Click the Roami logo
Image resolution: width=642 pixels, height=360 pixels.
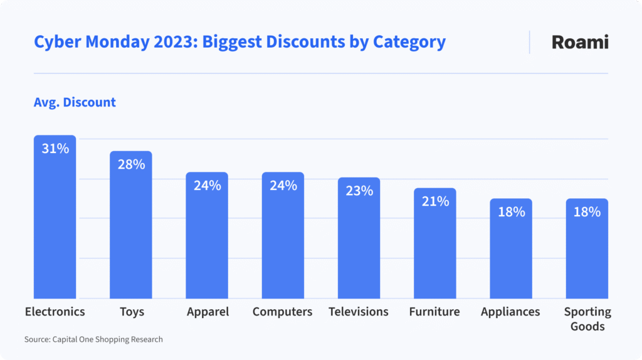click(579, 42)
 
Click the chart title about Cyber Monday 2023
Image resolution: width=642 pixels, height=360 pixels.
click(239, 42)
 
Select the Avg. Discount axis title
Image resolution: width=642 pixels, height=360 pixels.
click(75, 102)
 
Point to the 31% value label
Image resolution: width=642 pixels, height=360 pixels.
click(55, 149)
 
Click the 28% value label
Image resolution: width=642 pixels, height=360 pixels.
click(130, 164)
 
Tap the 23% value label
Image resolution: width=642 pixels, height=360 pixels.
click(359, 191)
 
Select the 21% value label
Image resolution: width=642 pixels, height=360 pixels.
click(434, 201)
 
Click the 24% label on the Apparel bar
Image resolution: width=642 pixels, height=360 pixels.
click(207, 186)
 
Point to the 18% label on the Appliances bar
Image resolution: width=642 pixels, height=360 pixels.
click(511, 212)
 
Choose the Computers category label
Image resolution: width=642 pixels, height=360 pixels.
click(282, 312)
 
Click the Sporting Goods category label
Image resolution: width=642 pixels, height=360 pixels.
click(587, 319)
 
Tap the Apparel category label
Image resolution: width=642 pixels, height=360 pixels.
click(208, 312)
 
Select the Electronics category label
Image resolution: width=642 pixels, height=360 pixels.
click(55, 312)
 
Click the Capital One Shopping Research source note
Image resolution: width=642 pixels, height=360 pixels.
click(93, 339)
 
